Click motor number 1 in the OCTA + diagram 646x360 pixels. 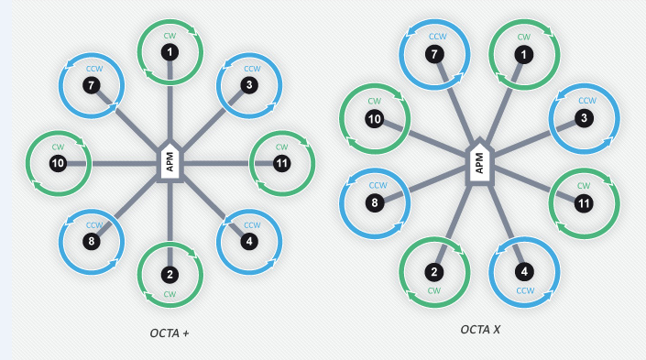pyautogui.click(x=170, y=53)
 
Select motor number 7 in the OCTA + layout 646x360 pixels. pyautogui.click(x=92, y=85)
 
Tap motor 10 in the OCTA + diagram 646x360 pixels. pyautogui.click(x=58, y=163)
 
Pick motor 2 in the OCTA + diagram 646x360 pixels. pyautogui.click(x=170, y=274)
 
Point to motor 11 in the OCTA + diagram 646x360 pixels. pyautogui.click(x=281, y=163)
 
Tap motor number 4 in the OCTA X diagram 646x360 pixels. pyautogui.click(x=523, y=271)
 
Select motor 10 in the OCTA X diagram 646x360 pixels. pyautogui.click(x=374, y=118)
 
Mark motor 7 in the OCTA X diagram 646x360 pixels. pyautogui.click(x=434, y=55)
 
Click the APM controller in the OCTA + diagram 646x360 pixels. pyautogui.click(x=170, y=162)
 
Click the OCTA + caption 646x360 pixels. pyautogui.click(x=170, y=332)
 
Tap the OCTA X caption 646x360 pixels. pyautogui.click(x=480, y=328)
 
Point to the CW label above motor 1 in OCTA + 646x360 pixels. pyautogui.click(x=170, y=36)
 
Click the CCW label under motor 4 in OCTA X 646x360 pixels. pyautogui.click(x=524, y=290)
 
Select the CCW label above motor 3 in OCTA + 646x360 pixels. pyautogui.click(x=250, y=69)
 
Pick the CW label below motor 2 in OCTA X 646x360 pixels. pyautogui.click(x=434, y=290)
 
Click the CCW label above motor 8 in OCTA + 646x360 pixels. pyautogui.click(x=93, y=224)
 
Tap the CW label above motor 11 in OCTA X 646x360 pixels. pyautogui.click(x=583, y=185)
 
